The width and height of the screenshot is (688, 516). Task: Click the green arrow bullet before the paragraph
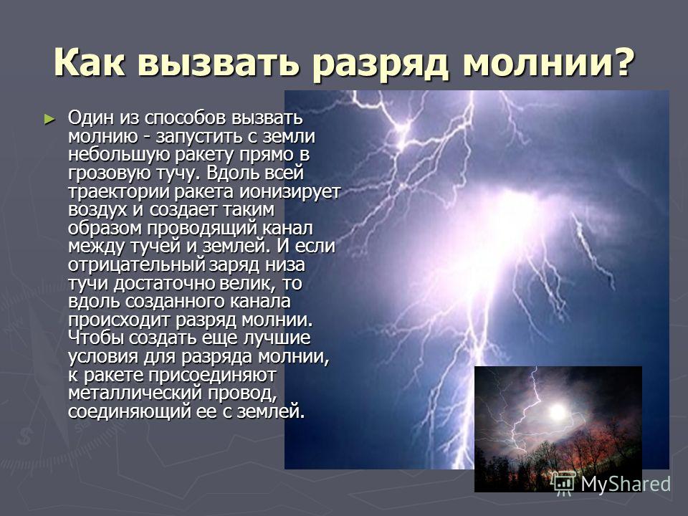pos(50,120)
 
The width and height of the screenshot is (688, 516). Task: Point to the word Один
pos(90,118)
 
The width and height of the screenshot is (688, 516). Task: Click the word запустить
pos(199,137)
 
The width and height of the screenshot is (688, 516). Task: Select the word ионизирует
pos(290,192)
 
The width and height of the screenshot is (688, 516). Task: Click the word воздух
pos(97,210)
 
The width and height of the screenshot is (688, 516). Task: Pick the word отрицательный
pos(136,265)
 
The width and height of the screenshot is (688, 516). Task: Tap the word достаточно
pos(164,284)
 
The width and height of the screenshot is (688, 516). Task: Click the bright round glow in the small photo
pos(558,412)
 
